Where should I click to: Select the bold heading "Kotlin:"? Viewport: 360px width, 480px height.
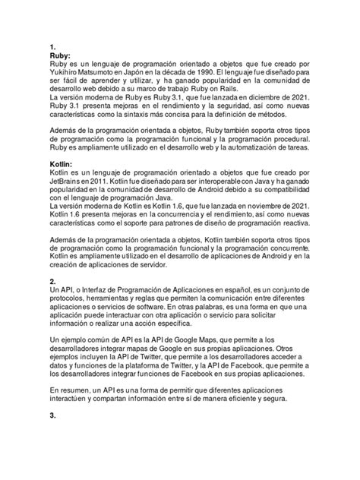tap(63, 163)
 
